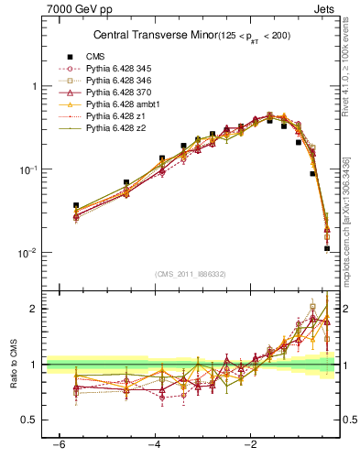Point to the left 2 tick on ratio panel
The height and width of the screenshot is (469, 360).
36,309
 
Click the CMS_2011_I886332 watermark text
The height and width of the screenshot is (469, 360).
190,274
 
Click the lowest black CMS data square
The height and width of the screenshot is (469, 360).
327,248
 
